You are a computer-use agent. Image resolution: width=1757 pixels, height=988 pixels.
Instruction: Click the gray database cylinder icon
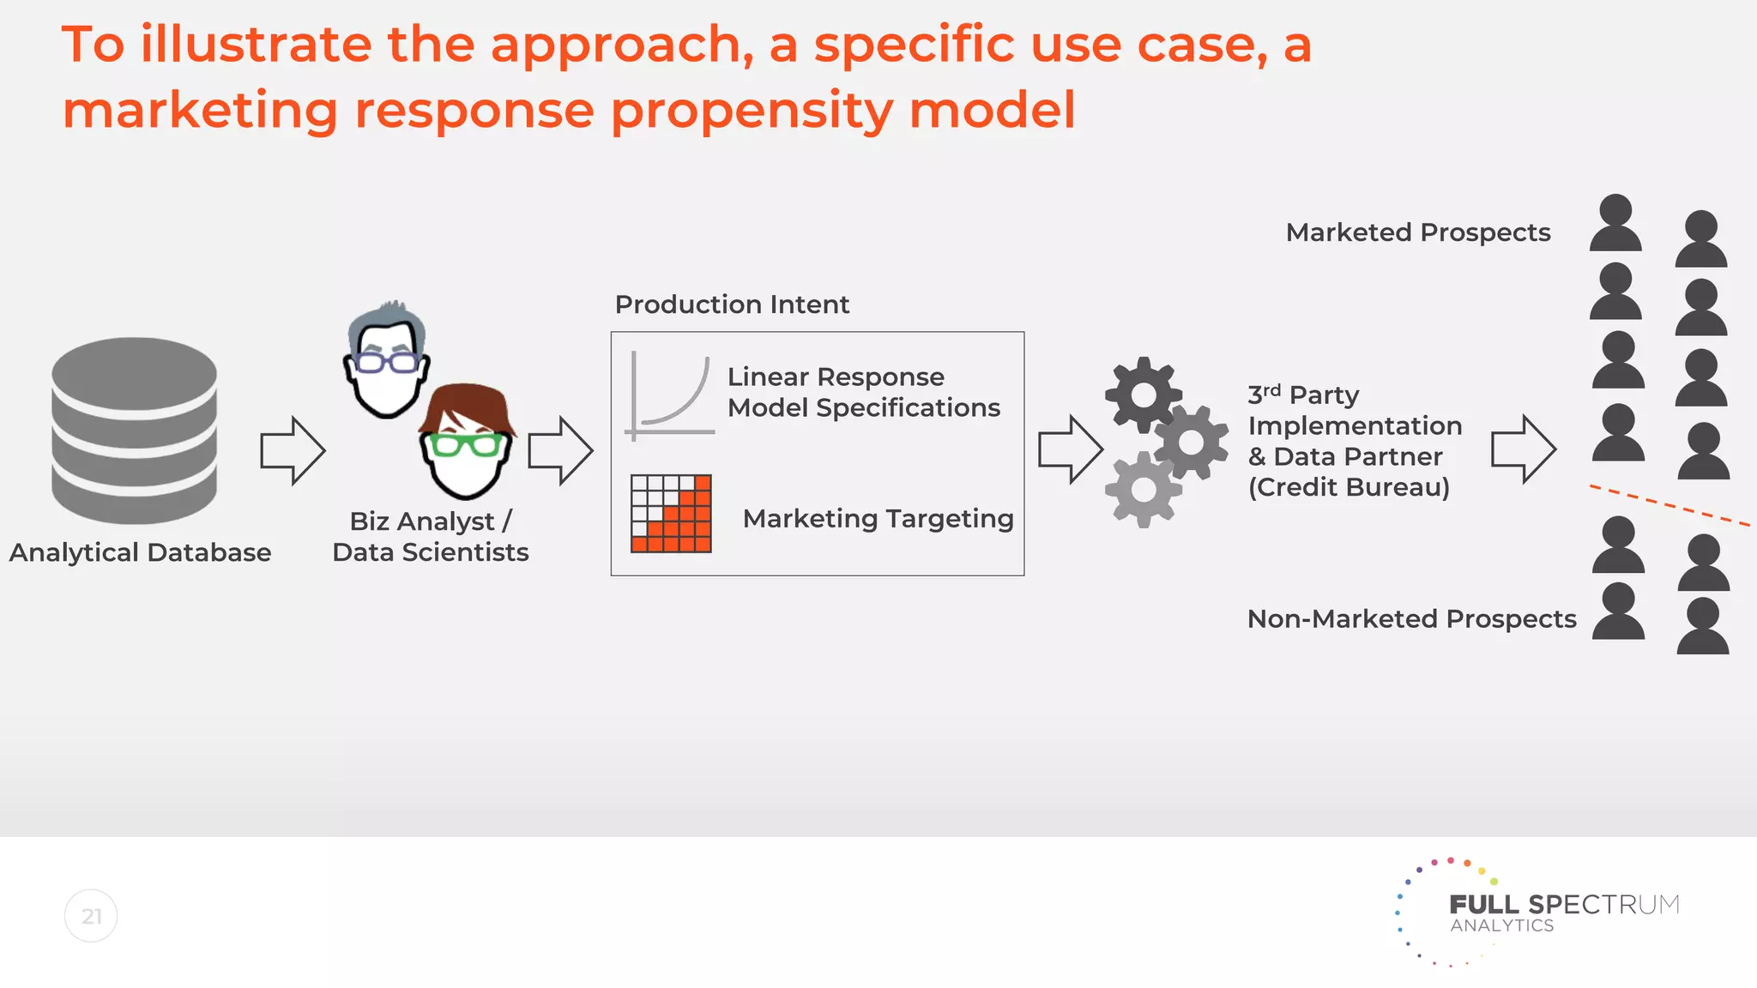134,430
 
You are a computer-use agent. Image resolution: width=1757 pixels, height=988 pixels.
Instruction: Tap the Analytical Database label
140,552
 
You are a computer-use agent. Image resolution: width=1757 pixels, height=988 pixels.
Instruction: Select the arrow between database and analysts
293,450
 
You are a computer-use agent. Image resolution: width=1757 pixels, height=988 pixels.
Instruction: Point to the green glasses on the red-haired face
466,445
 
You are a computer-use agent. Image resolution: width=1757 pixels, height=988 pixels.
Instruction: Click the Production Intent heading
732,304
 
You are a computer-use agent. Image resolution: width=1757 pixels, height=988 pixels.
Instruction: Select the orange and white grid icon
671,513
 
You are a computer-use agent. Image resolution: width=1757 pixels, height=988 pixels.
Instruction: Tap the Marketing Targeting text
878,519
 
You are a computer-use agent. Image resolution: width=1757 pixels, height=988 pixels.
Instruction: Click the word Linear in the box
768,377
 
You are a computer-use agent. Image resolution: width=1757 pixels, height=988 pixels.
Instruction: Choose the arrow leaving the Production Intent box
1070,450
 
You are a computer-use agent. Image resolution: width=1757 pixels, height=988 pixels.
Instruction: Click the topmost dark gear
1143,395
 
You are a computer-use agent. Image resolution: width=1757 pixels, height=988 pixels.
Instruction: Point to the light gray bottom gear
1143,490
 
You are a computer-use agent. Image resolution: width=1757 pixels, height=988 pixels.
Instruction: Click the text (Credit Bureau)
1349,487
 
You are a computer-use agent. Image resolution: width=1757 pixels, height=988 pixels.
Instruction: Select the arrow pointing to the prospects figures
1523,449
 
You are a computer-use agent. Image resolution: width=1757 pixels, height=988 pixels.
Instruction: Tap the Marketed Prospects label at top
1417,232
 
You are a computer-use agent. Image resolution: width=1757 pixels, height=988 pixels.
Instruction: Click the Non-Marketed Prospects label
1411,619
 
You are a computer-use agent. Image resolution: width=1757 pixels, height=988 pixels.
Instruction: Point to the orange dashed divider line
1669,505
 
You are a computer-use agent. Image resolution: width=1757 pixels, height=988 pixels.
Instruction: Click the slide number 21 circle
91,916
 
